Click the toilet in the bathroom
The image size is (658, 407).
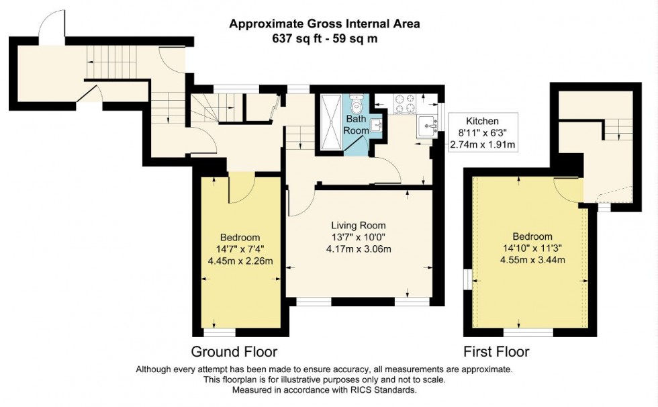click(357, 103)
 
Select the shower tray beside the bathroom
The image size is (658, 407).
click(330, 122)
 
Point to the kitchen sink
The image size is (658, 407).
click(427, 126)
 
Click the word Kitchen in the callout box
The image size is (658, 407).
click(482, 121)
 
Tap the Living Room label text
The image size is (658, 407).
click(359, 226)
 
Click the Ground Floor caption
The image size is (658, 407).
click(234, 351)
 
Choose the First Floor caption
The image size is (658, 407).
click(496, 351)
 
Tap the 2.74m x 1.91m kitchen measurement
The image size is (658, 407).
click(482, 144)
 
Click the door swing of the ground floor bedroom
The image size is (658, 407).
click(240, 189)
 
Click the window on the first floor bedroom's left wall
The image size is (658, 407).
click(467, 278)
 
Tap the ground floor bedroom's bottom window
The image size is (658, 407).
click(219, 332)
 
